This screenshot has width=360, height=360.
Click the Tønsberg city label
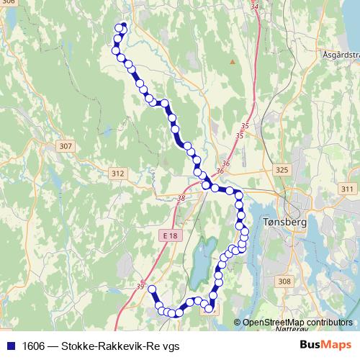pos(286,222)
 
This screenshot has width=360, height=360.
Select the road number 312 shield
pos(119,174)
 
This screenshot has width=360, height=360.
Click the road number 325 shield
pos(282,170)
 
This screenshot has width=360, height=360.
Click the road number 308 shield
pos(284,282)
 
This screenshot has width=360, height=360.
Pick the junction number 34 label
pos(254,6)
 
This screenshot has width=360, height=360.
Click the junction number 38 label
pos(180,198)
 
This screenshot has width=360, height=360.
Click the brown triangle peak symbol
pos(232,62)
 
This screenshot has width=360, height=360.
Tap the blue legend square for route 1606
pos(12,346)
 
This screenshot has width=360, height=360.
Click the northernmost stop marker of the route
pos(122,27)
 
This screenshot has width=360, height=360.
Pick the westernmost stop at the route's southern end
pos(151,289)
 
